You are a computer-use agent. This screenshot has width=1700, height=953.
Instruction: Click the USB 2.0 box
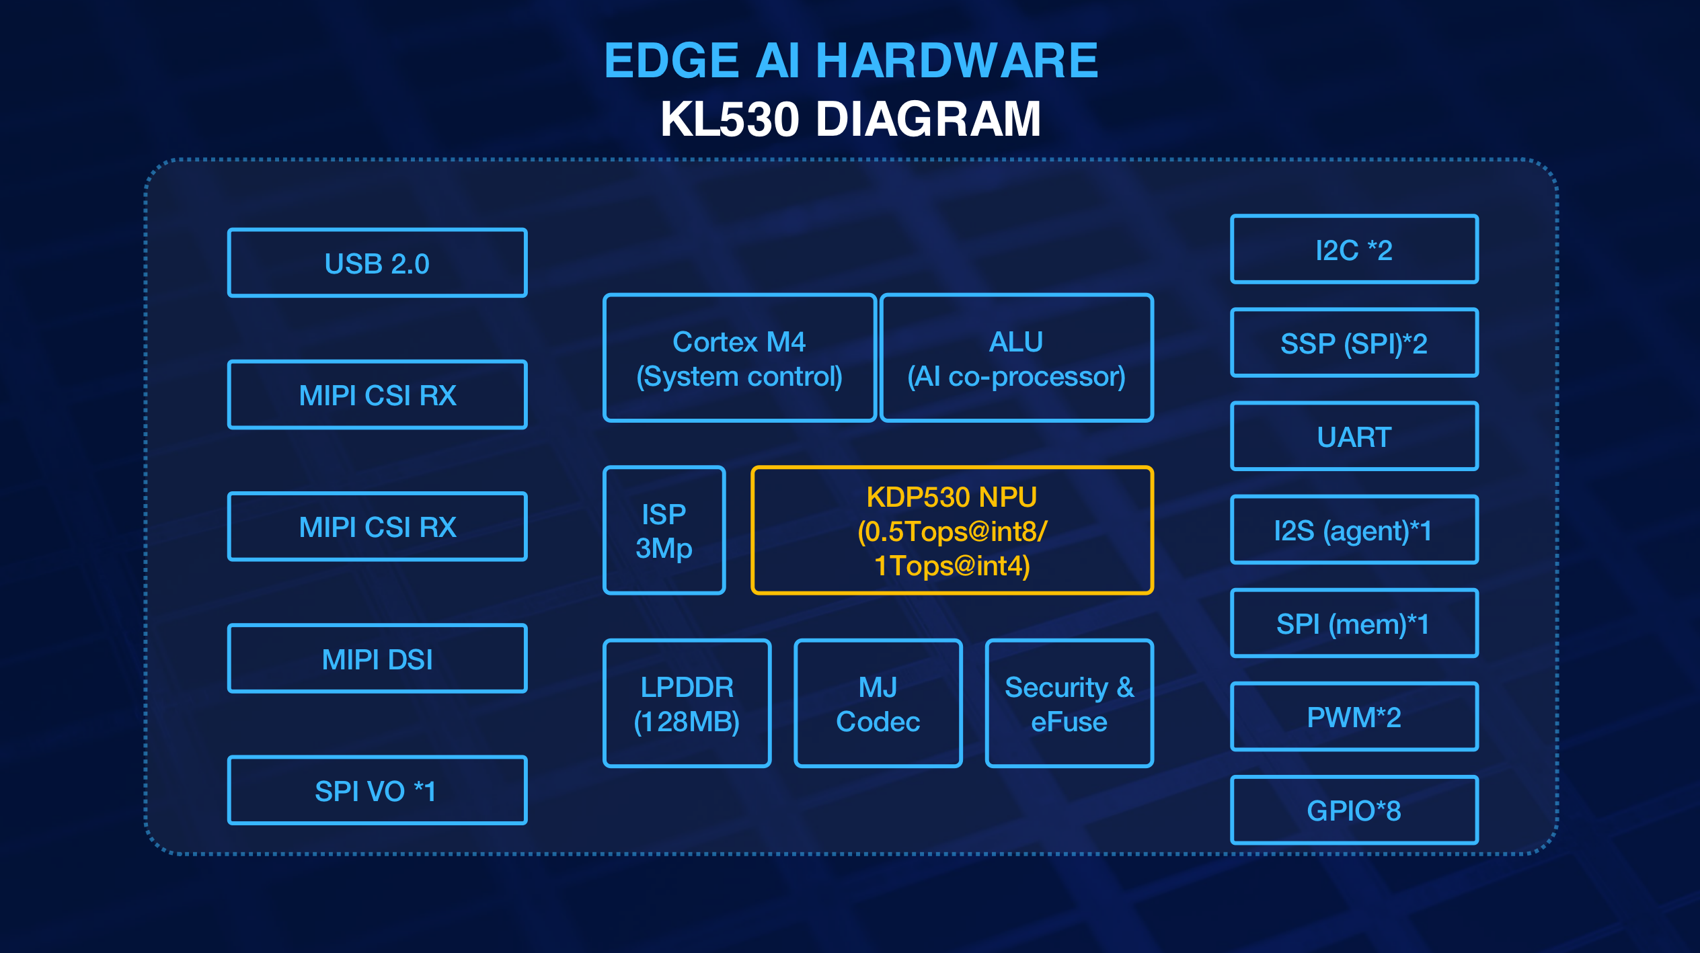click(377, 263)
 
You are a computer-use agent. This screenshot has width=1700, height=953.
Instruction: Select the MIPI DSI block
click(377, 659)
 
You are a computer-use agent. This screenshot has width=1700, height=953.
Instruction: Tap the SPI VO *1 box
click(377, 790)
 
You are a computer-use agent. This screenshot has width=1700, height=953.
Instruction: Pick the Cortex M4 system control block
click(739, 358)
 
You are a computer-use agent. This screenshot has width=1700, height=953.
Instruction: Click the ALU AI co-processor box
click(1016, 358)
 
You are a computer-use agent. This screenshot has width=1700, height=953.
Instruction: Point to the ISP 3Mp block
click(664, 530)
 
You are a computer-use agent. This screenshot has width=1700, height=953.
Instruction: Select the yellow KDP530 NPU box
click(952, 530)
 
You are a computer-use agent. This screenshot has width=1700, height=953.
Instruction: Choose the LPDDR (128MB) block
click(687, 703)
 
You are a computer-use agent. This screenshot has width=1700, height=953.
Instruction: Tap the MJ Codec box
click(878, 703)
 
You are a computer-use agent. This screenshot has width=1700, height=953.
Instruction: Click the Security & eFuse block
click(1069, 703)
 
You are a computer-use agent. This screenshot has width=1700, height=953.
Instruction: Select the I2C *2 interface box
click(1354, 249)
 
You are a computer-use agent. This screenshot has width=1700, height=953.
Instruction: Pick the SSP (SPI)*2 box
click(1354, 343)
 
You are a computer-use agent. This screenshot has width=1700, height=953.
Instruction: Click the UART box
click(1354, 436)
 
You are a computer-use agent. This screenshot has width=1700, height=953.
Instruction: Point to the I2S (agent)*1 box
click(1354, 530)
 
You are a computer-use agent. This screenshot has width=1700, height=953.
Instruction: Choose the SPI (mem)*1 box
click(1354, 623)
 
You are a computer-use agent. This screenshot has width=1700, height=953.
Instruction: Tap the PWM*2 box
click(1354, 716)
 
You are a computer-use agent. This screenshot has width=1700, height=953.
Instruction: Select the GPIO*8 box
click(1354, 810)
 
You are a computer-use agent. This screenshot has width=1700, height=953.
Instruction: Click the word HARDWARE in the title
click(957, 60)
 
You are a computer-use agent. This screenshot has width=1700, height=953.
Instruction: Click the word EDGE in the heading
click(672, 60)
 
